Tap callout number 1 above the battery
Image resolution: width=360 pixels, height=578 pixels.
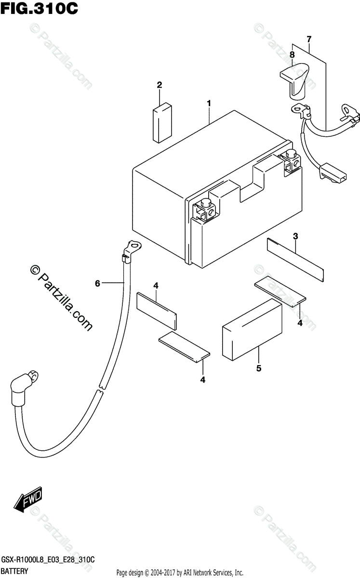pos(209,103)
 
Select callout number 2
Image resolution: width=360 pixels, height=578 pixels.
pos(159,85)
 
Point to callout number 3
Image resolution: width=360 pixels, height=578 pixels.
pos(295,236)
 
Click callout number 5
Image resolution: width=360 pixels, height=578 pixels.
pos(259,368)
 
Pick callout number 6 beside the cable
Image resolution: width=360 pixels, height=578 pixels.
pos(97,284)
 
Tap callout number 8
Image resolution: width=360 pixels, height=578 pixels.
pos(292,55)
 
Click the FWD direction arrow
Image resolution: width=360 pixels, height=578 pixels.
pos(28,501)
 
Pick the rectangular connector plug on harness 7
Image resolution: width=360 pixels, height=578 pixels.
pos(332,172)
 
